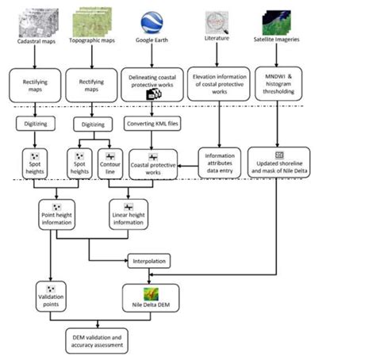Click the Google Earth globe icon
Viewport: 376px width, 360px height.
pyautogui.click(x=152, y=21)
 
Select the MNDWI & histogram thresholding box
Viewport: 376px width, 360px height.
pyautogui.click(x=276, y=83)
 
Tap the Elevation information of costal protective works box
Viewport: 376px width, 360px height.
pyautogui.click(x=217, y=84)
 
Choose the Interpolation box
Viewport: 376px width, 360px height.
pyautogui.click(x=149, y=259)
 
